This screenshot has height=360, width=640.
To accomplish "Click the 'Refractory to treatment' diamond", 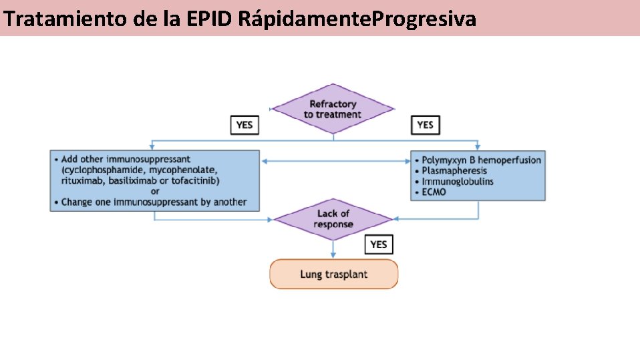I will tap(332, 109).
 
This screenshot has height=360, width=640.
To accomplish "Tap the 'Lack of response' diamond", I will tap(333, 218).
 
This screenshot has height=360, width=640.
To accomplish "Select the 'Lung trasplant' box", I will tap(333, 274).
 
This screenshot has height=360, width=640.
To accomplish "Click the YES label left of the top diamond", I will tap(245, 125).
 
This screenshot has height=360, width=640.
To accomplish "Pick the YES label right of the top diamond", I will tap(425, 125).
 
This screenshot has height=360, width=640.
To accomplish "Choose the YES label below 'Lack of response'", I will tap(378, 244).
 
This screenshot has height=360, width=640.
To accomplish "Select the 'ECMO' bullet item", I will tap(434, 192).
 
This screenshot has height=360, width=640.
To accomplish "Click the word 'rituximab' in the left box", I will tap(81, 180).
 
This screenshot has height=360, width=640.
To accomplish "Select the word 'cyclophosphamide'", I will tap(104, 170).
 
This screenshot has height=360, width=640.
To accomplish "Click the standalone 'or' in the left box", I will tap(154, 191).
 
